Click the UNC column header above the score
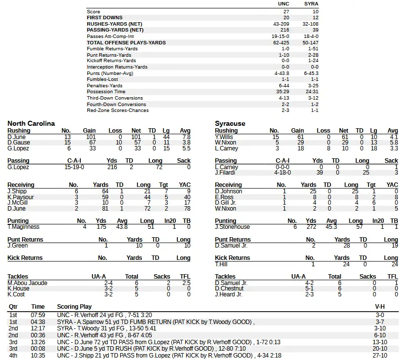tap(283, 4)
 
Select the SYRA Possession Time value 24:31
tap(311, 92)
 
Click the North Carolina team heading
tap(31, 123)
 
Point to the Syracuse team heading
tap(230, 123)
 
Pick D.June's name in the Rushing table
tap(17, 137)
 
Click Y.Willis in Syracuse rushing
tap(225, 137)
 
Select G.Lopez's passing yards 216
tap(112, 167)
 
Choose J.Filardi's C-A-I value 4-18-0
tap(282, 173)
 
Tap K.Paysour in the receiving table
tap(20, 197)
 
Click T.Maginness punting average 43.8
tap(121, 227)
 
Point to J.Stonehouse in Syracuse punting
tap(233, 227)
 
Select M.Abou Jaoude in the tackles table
tap(28, 283)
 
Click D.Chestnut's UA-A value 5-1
tap(309, 288)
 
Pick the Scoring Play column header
tap(74, 307)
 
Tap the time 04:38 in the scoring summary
tap(38, 322)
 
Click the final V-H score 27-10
tap(380, 356)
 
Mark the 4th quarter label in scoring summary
tap(13, 356)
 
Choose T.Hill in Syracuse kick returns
tap(221, 264)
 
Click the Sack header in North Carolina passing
tap(184, 161)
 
